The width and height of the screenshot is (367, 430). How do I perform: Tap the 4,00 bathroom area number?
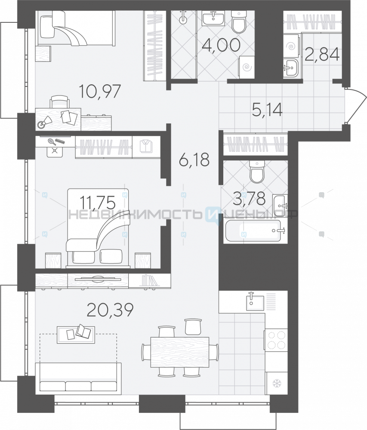coord(221,46)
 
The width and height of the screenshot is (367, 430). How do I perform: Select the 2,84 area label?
coord(322,54)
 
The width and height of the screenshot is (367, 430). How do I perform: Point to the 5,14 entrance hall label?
coord(267,110)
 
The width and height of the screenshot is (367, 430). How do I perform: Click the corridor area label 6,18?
coord(194,160)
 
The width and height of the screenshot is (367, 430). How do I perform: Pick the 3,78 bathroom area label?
coord(249,198)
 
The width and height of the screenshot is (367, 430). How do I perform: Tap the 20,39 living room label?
coord(110,310)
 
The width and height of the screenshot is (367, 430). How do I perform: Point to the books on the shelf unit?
coord(149,281)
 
